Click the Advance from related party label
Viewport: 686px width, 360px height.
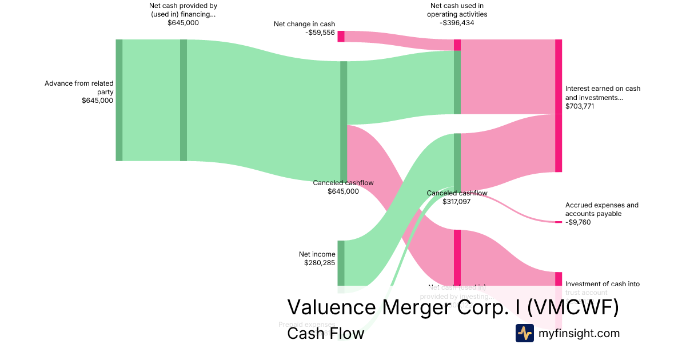coord(79,87)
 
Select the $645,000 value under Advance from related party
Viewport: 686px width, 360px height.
coord(97,101)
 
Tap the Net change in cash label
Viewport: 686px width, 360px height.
coord(304,24)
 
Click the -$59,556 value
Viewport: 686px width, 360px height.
coord(320,33)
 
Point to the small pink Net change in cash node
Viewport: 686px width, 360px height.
coord(341,36)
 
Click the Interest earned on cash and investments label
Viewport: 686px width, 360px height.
coord(603,93)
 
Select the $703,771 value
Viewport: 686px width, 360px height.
coord(580,106)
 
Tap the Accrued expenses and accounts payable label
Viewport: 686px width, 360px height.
coord(601,209)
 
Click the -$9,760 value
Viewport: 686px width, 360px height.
coord(578,222)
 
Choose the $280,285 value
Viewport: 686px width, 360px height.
coord(320,263)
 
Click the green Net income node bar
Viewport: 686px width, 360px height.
coord(341,263)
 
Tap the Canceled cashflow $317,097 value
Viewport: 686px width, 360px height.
coord(456,202)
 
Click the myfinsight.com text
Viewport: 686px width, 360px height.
coord(579,333)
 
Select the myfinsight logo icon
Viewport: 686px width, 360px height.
coord(524,333)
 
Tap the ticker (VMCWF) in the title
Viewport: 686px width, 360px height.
coord(572,307)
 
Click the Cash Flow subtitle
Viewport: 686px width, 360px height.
coord(325,333)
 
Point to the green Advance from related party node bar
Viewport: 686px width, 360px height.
coord(119,100)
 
